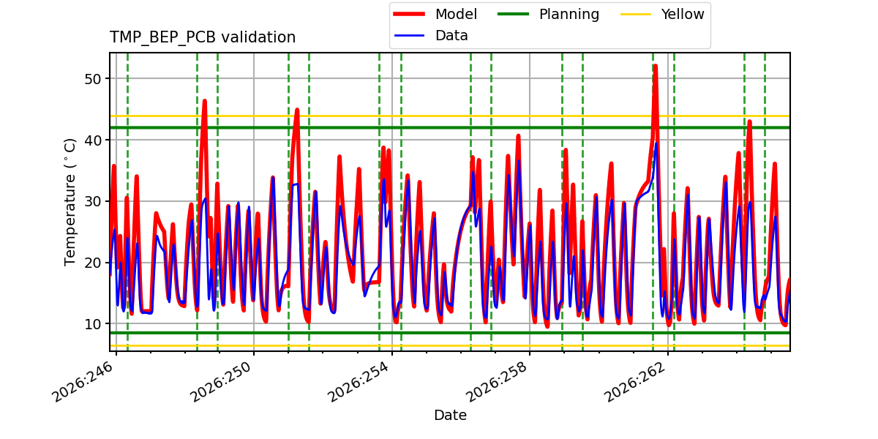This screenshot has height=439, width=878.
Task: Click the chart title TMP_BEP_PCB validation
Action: tap(202, 37)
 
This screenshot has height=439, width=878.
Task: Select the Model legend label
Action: tap(456, 14)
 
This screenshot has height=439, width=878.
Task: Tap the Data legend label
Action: tap(451, 36)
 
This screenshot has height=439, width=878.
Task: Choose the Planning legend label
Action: tap(569, 14)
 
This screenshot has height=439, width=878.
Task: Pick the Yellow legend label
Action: tap(683, 14)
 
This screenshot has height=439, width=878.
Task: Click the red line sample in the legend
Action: tap(409, 14)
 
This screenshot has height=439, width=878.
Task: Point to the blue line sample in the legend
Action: tap(409, 36)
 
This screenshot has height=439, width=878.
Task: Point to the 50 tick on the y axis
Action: tap(93, 79)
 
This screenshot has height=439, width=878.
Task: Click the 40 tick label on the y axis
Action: tap(93, 140)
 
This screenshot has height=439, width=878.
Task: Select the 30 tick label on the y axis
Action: tap(93, 201)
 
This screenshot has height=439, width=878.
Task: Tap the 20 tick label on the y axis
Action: tap(93, 262)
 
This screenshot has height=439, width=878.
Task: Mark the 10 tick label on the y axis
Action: tap(93, 323)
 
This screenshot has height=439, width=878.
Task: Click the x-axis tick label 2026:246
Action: tap(84, 382)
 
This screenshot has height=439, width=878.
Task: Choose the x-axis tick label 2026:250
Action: tap(222, 382)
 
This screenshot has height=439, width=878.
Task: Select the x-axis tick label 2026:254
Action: tap(359, 382)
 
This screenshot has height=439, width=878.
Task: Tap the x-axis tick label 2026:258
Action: tap(498, 382)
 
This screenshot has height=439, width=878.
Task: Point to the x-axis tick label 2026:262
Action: tap(635, 382)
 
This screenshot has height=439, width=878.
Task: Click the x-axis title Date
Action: tap(450, 415)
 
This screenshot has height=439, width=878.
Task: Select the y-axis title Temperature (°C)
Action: tap(70, 202)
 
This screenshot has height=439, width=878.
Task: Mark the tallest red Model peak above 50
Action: tap(656, 66)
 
